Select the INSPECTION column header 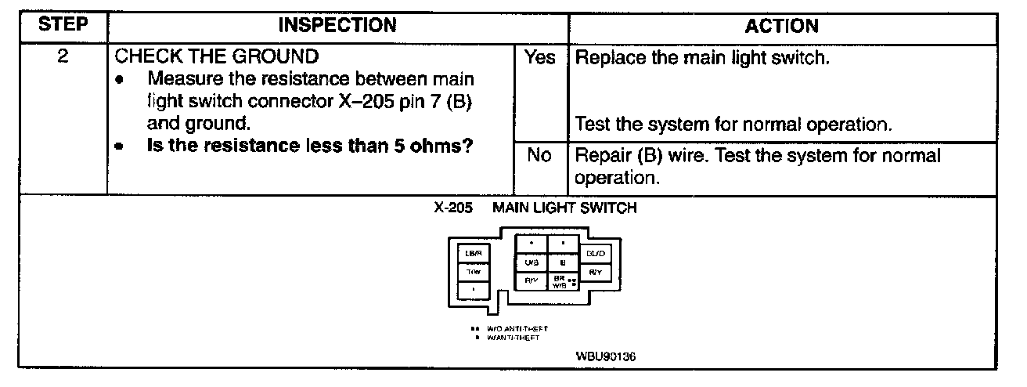[338, 26]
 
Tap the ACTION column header [781, 26]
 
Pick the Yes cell [539, 58]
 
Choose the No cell [539, 156]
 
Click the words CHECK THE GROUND [217, 57]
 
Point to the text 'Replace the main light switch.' [702, 58]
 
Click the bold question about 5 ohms [313, 146]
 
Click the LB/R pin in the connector [474, 253]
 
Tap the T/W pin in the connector [474, 272]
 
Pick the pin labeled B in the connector [562, 262]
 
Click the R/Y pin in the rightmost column [595, 272]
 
